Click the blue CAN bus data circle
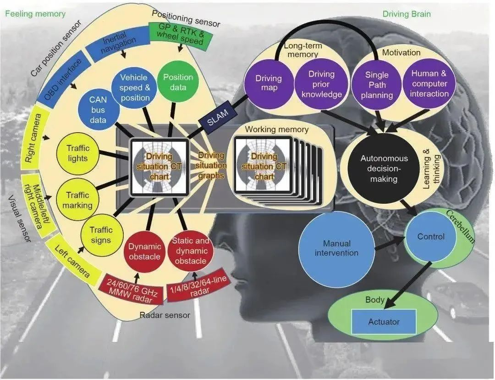[98, 110]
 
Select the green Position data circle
[178, 82]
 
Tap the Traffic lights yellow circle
[77, 153]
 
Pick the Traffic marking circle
[77, 200]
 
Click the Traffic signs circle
[101, 235]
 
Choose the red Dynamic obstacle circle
[144, 251]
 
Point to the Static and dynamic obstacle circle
[190, 251]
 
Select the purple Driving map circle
[269, 83]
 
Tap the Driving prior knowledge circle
[321, 84]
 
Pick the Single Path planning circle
[377, 85]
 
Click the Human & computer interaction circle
[429, 84]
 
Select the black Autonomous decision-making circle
[384, 168]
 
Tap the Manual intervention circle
[336, 248]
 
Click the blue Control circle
[430, 236]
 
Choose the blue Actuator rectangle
[384, 322]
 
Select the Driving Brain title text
[406, 14]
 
